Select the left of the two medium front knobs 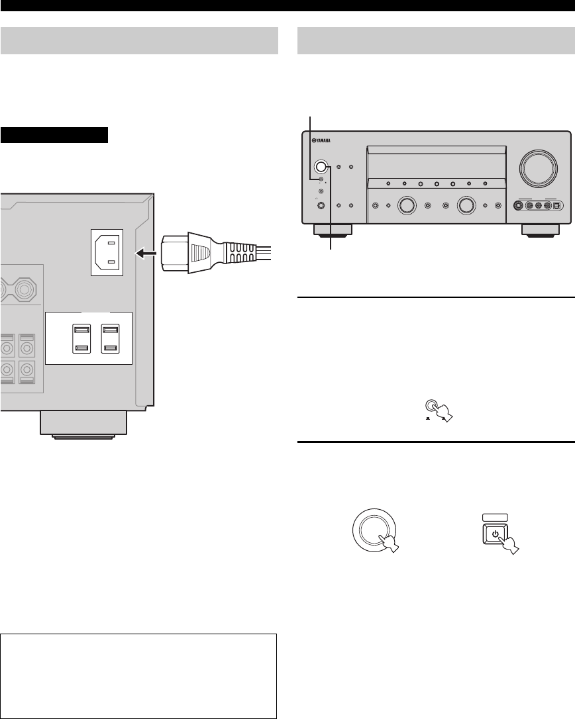click(406, 206)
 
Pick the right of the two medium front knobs click(467, 206)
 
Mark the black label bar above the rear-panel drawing click(54, 136)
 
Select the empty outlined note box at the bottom click(138, 676)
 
